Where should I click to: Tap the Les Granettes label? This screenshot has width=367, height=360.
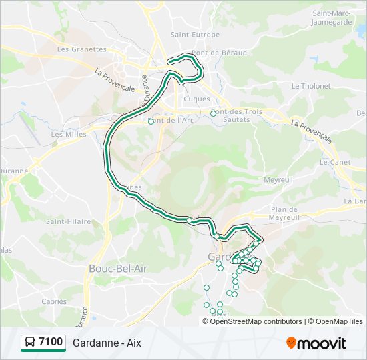pyautogui.click(x=82, y=49)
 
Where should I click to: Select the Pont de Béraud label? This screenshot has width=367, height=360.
pyautogui.click(x=219, y=53)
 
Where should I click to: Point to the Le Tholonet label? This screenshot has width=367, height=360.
pyautogui.click(x=311, y=86)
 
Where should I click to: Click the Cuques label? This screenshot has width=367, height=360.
pyautogui.click(x=196, y=99)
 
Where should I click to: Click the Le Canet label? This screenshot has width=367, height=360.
pyautogui.click(x=332, y=162)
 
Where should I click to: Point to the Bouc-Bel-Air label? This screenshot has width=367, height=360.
pyautogui.click(x=118, y=268)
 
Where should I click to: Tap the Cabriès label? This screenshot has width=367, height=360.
pyautogui.click(x=54, y=301)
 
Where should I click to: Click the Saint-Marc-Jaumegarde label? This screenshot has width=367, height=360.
pyautogui.click(x=332, y=17)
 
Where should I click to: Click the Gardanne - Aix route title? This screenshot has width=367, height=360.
pyautogui.click(x=107, y=343)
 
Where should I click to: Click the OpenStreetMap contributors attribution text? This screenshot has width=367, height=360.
pyautogui.click(x=256, y=321)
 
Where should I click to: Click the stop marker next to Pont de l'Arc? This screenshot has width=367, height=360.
pyautogui.click(x=151, y=121)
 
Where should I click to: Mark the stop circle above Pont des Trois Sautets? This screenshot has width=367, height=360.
pyautogui.click(x=213, y=113)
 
